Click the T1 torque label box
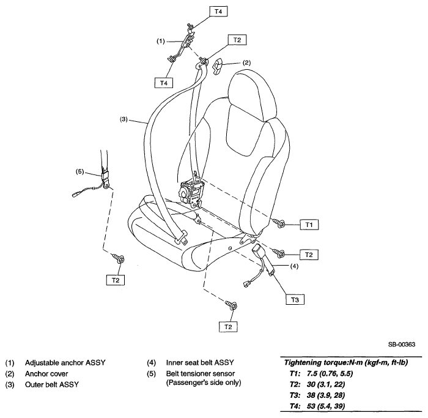(x=309, y=225)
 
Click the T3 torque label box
(x=295, y=299)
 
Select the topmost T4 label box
(x=218, y=11)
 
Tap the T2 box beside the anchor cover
(x=237, y=40)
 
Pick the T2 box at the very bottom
(x=228, y=326)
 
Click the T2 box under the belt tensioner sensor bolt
(x=116, y=280)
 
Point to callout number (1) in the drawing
(x=160, y=41)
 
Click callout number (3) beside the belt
(x=124, y=119)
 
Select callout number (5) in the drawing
(x=79, y=172)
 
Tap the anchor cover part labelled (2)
(x=218, y=67)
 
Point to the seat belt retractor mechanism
(x=191, y=191)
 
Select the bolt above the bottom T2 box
(x=232, y=305)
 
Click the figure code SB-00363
(x=402, y=344)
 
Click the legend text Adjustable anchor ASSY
(x=65, y=363)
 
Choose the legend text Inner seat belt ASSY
(x=200, y=362)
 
